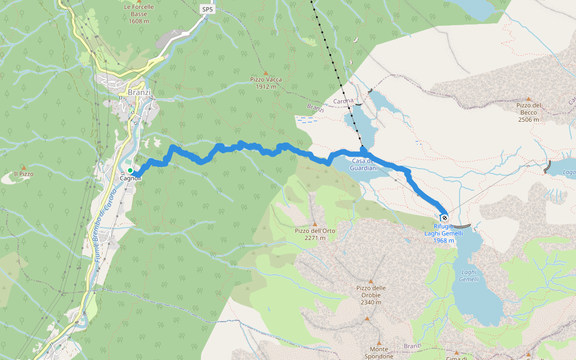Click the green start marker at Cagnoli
click(x=130, y=170)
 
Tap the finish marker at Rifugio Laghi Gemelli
click(x=444, y=218)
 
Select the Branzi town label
click(x=139, y=93)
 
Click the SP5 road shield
click(x=207, y=10)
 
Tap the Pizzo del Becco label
click(x=529, y=112)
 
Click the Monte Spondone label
click(x=379, y=352)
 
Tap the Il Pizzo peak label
click(x=23, y=174)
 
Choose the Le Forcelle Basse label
click(x=139, y=14)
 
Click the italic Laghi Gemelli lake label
click(x=469, y=276)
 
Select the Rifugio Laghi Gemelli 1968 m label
click(x=444, y=233)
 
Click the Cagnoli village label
click(x=130, y=178)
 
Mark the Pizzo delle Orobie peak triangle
click(x=371, y=281)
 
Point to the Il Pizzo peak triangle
click(x=23, y=167)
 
